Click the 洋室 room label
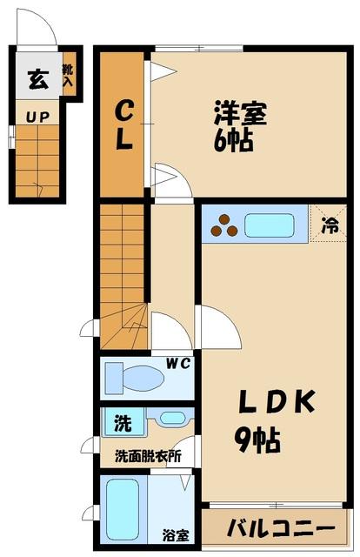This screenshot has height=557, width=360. (x=240, y=113)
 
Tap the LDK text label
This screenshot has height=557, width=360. (x=277, y=401)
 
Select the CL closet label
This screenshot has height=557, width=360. (x=123, y=125)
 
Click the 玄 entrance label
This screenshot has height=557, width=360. (x=38, y=79)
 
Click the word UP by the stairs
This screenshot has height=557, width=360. (x=37, y=117)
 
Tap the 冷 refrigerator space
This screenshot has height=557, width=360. (x=329, y=224)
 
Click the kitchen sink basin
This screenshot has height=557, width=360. (x=270, y=225)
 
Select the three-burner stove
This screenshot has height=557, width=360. (x=224, y=225)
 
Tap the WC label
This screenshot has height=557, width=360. (x=178, y=364)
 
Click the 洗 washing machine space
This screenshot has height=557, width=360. (x=123, y=422)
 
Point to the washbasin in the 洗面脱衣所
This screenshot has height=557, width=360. (x=171, y=418)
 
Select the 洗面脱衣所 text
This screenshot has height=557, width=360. (x=148, y=456)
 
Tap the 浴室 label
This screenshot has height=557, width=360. (x=176, y=535)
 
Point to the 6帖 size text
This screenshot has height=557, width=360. (x=234, y=140)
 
